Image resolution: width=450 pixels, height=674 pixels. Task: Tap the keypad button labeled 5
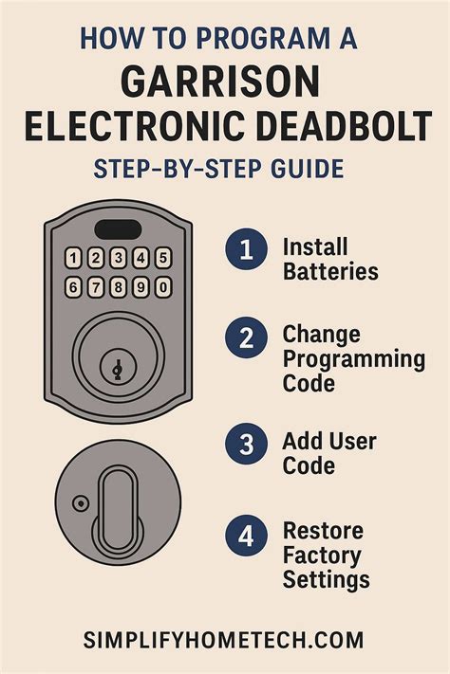click(162, 257)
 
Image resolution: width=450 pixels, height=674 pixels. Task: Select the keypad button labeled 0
click(162, 286)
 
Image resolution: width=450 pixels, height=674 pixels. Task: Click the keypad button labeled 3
click(118, 257)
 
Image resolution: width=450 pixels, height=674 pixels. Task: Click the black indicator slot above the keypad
click(119, 230)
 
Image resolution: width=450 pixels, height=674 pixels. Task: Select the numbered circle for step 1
click(246, 250)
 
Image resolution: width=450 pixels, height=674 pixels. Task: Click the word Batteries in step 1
click(330, 272)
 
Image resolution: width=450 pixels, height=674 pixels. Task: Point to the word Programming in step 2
click(353, 360)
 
